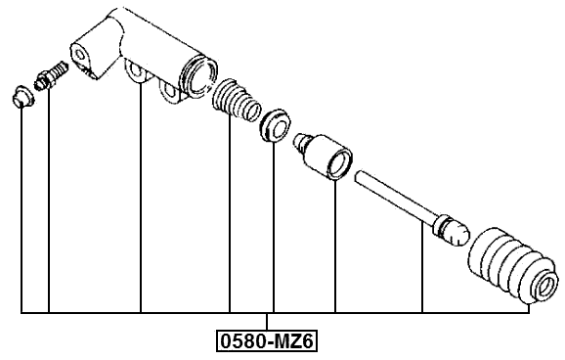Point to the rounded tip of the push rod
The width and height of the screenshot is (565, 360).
tap(452, 231)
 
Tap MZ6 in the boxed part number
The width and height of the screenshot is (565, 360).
tap(295, 341)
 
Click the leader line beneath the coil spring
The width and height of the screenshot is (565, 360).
tap(230, 215)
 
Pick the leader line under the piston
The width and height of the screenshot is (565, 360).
tap(335, 245)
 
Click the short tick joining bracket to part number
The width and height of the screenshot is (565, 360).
tap(267, 322)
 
